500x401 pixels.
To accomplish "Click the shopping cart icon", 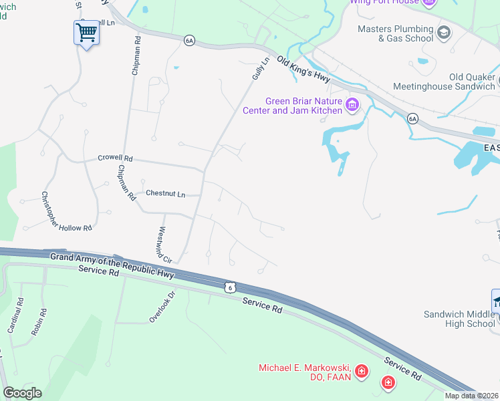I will pyautogui.click(x=86, y=32).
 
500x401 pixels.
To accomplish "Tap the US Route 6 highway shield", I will pyautogui.click(x=230, y=286).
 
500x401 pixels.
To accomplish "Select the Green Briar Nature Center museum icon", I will pyautogui.click(x=352, y=105).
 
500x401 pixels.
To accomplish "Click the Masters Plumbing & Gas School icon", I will pyautogui.click(x=443, y=33).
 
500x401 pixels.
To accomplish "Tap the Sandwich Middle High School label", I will pyautogui.click(x=460, y=319).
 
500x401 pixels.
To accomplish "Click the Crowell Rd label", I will pyautogui.click(x=116, y=158).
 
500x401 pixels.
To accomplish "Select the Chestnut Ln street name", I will pyautogui.click(x=166, y=194).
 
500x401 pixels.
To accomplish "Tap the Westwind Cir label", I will pyautogui.click(x=164, y=245).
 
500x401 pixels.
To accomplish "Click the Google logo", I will pyautogui.click(x=22, y=393).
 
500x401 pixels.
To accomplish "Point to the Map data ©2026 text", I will pyautogui.click(x=471, y=396).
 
